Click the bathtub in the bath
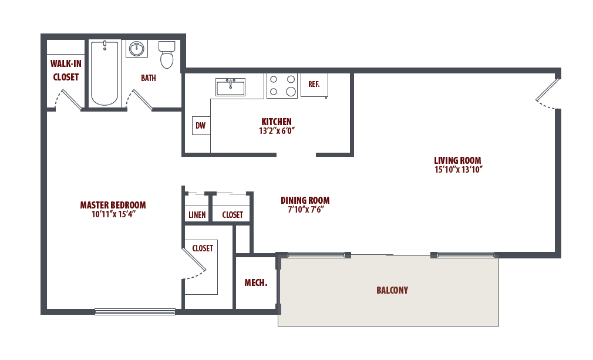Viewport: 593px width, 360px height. point(105,73)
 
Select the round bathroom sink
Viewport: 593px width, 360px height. point(137,49)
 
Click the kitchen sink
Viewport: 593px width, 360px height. point(230,88)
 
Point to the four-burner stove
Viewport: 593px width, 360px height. point(282,85)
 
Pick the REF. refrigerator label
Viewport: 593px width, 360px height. point(314,84)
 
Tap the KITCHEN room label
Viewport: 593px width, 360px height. point(276,122)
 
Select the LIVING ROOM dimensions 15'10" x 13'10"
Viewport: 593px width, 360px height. point(457,170)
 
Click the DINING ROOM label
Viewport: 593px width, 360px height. point(305,200)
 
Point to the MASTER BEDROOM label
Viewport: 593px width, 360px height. point(113,205)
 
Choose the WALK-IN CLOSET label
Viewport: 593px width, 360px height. point(65,70)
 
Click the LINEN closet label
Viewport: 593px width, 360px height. point(197,215)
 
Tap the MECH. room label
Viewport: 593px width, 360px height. point(255,283)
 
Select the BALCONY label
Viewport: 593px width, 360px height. point(392,290)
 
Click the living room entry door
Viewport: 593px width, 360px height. point(548,93)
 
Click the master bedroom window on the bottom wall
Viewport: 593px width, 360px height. point(135,312)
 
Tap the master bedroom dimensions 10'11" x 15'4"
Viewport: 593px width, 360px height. point(113,214)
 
